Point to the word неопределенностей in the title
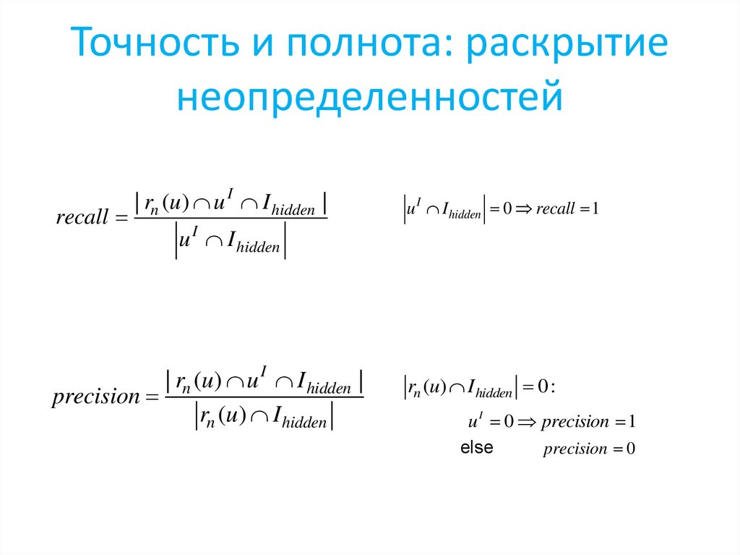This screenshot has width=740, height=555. click(x=369, y=96)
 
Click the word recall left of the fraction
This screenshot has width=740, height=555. click(x=82, y=218)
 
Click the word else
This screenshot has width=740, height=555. click(x=476, y=447)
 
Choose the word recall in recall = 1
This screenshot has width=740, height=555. click(x=556, y=210)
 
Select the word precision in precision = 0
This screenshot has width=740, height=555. click(x=575, y=449)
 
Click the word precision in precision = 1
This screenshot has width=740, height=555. click(x=575, y=422)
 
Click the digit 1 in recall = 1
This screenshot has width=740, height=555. click(x=595, y=210)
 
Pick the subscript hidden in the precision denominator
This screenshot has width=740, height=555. click(x=304, y=423)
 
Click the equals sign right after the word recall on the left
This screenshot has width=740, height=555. click(x=120, y=218)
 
